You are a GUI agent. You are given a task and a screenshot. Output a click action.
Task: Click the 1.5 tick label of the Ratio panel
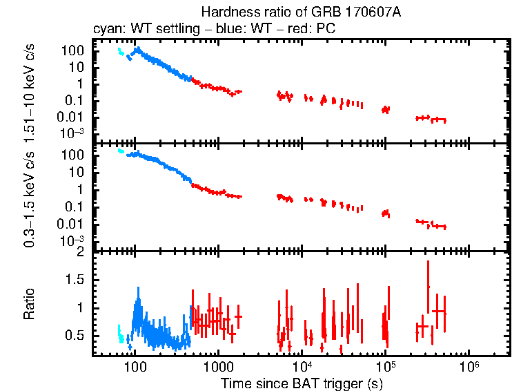(75, 280)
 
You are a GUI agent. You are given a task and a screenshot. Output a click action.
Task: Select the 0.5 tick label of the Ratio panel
(75, 335)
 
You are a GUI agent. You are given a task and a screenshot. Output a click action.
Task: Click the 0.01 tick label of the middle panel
(72, 224)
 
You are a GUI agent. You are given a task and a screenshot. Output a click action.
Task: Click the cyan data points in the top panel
(121, 53)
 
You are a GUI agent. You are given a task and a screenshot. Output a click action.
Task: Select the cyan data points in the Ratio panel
(120, 336)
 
